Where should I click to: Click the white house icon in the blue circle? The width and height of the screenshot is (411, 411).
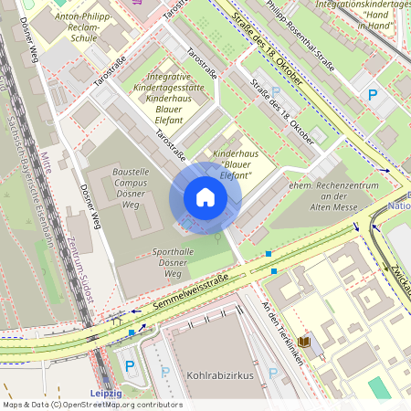(205, 197)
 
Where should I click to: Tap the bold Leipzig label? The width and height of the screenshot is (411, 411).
(107, 393)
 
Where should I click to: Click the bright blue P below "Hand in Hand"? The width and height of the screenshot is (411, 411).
(372, 95)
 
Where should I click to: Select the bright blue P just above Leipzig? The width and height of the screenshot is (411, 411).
(129, 367)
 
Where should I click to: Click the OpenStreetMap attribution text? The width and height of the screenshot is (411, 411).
(91, 405)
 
